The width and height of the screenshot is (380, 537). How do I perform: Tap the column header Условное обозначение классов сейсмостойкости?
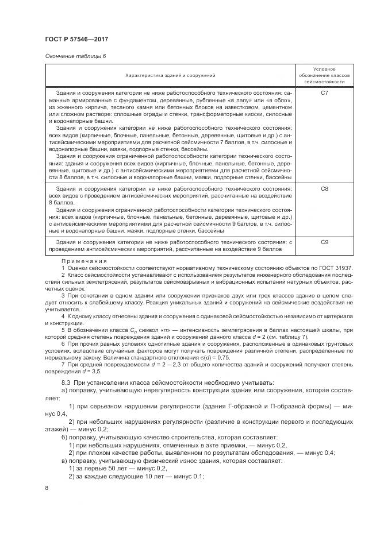[x=324, y=75]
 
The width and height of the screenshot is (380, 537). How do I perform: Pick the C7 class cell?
[x=324, y=92]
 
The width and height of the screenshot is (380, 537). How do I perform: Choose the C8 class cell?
[x=324, y=188]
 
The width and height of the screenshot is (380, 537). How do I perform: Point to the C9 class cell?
[x=324, y=243]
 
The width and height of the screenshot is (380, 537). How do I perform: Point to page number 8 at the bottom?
[x=47, y=488]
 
